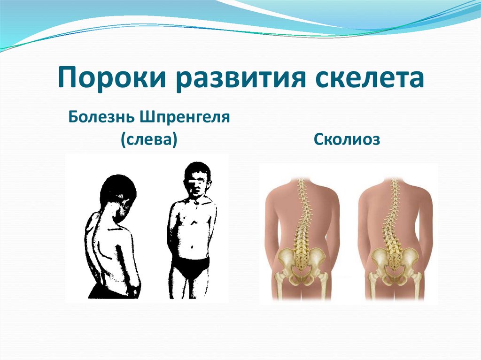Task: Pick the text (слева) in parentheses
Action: pos(148,139)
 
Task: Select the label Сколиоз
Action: pos(347,139)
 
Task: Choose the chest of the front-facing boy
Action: pos(193,216)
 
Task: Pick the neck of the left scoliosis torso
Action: pos(302,184)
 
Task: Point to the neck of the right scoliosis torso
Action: pos(394,184)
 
